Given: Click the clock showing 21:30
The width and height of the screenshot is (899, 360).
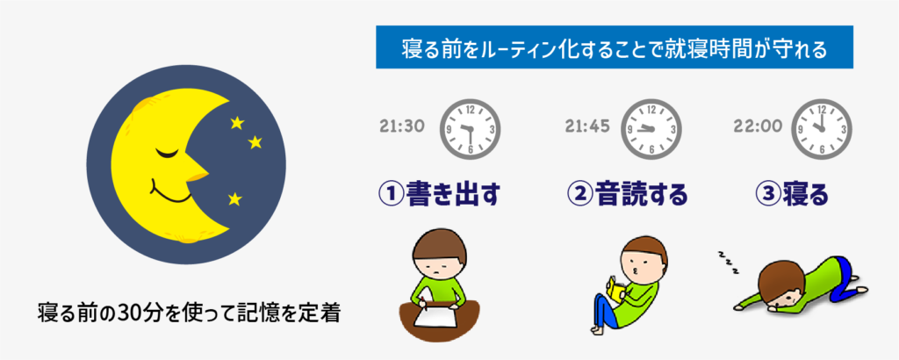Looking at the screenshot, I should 467,128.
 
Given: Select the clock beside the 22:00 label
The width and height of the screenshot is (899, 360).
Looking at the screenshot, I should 821,128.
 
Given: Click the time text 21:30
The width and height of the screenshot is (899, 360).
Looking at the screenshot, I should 402,126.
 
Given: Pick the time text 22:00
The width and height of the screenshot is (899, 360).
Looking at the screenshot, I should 757,126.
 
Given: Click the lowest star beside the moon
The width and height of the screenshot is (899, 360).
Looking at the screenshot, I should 234,198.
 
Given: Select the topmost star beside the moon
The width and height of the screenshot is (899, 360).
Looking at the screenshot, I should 237,123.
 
